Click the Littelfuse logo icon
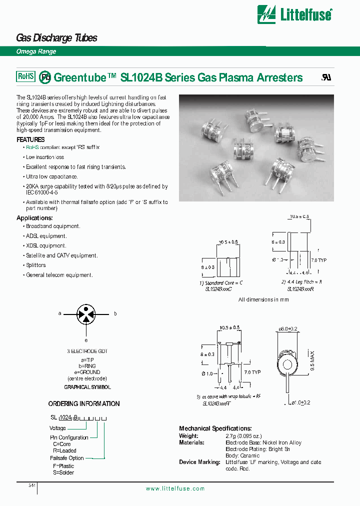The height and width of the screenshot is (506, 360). coord(266,14)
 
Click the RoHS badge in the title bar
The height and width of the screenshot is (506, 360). coord(26,76)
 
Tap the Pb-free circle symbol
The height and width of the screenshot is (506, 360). coord(45,77)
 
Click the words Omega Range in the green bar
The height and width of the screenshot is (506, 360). coord(36,51)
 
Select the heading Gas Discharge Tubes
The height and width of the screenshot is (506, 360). coord(56,38)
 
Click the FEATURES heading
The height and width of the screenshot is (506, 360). coord(30,139)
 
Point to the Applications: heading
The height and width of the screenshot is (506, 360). coord(34,218)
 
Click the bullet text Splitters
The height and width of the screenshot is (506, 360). coord(35,265)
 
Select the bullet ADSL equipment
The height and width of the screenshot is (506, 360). coord(46,236)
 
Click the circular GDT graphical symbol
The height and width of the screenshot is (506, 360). coord(87,314)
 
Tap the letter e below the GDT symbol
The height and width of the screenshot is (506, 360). coord(86,339)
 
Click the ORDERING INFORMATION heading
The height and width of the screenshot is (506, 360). coord(83,403)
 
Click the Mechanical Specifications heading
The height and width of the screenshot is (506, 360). coord(215,428)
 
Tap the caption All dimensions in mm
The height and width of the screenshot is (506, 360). coord(263,300)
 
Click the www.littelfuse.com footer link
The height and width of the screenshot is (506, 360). coord(175,488)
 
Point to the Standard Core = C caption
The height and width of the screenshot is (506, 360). coord(221,283)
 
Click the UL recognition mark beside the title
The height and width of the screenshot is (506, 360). coord(325,78)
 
